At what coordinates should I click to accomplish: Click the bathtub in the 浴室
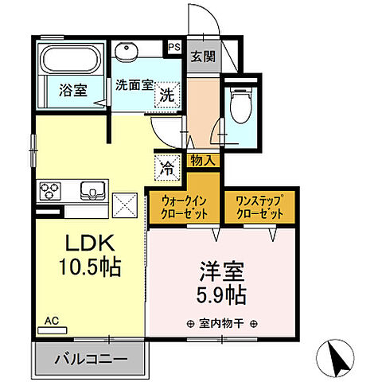[68, 59]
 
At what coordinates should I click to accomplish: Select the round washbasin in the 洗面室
[127, 53]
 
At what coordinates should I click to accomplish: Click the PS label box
[173, 48]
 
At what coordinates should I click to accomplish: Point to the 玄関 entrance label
[201, 57]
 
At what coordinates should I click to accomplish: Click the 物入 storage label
[201, 160]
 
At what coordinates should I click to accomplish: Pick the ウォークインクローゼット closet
[184, 208]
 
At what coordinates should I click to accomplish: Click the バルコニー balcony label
[90, 359]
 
